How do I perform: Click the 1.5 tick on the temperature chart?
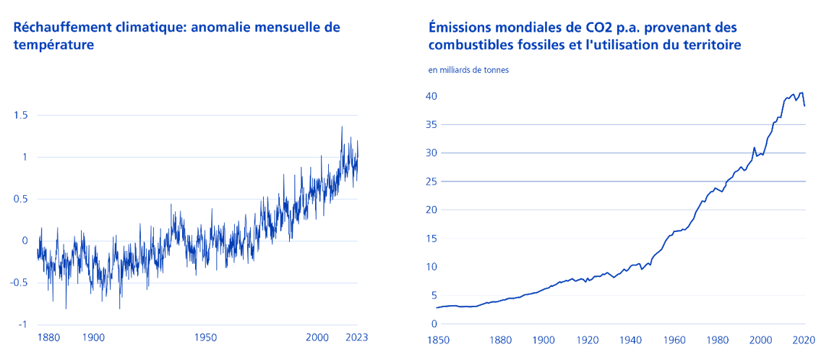click(x=21, y=115)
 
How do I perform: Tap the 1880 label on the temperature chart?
click(x=48, y=338)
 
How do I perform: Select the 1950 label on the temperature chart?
click(x=206, y=338)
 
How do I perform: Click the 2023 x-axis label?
click(x=357, y=338)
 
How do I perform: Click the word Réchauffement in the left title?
click(x=59, y=27)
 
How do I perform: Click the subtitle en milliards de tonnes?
click(x=468, y=70)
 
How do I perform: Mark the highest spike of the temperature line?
click(x=342, y=127)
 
